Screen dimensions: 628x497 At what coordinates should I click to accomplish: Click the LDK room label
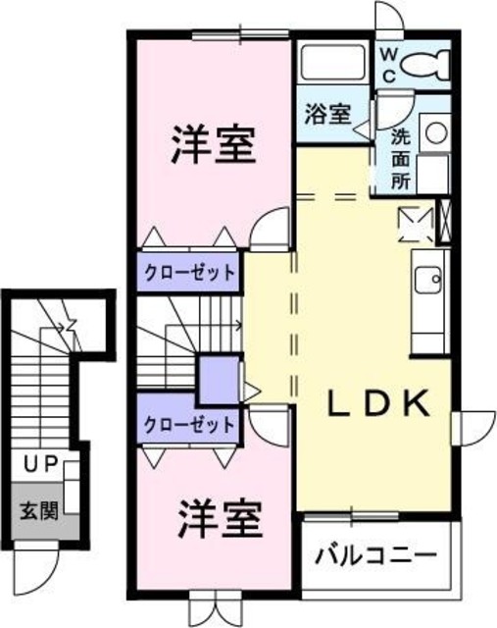(377, 402)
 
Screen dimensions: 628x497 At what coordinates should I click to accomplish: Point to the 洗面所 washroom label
(402, 156)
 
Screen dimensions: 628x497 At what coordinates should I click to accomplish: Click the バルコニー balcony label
(376, 555)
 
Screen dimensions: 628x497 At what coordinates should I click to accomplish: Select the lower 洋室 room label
(220, 518)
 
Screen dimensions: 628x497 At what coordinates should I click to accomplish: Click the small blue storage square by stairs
(218, 379)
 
